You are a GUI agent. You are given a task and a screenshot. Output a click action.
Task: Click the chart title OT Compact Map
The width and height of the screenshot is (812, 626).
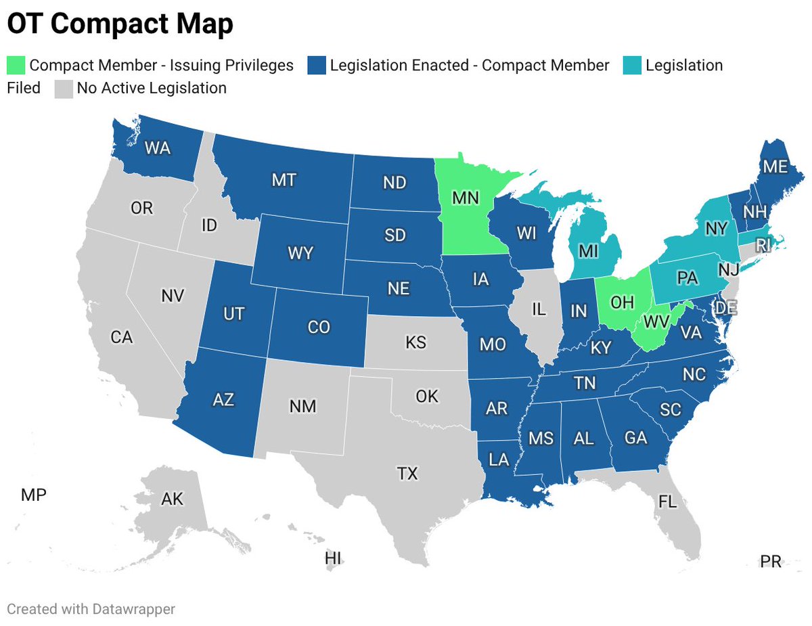pos(120,24)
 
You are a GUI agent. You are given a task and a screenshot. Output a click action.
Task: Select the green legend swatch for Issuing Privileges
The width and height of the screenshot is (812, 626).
pos(16,66)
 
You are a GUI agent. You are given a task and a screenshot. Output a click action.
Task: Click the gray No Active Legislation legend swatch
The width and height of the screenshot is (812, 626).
pos(63,89)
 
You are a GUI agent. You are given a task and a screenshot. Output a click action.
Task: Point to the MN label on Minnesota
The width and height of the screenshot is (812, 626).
pos(466,198)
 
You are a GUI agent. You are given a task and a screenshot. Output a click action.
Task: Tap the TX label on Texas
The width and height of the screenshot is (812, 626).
pos(407,473)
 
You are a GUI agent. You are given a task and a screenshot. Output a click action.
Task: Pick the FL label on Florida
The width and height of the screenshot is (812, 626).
pos(667,502)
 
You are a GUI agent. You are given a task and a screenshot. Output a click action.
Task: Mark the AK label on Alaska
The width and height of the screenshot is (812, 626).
pos(172,499)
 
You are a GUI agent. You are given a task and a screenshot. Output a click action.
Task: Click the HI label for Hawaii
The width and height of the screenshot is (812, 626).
pos(333,558)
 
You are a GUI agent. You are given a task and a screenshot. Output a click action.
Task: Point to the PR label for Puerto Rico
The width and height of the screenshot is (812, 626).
pos(771,562)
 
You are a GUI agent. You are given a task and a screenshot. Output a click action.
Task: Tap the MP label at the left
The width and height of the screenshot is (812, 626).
pos(34,495)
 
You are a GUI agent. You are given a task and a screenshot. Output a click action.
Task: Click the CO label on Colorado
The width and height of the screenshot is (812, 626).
pos(318,327)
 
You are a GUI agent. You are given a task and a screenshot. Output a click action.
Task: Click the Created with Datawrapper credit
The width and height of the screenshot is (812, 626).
pos(91,609)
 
